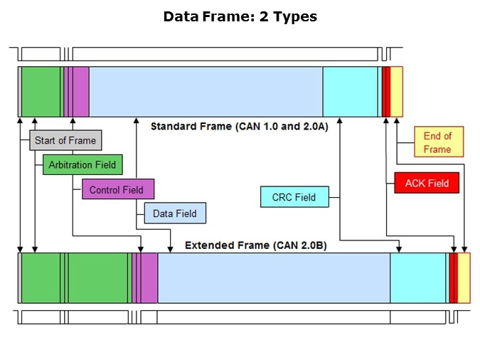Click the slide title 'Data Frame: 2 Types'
point(240,16)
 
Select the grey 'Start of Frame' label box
point(65,140)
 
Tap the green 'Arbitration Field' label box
point(82,165)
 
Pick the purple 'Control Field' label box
point(117,190)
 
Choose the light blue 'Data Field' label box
point(175,213)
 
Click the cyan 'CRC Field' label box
point(294,197)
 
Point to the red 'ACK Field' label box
point(427,183)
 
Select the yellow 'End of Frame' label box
point(438,142)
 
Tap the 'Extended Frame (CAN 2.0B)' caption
point(256,245)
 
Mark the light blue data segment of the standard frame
point(206,91)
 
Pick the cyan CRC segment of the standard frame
point(350,91)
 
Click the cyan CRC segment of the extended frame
point(419,277)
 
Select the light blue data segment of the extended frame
point(274,277)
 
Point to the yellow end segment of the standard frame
point(397,91)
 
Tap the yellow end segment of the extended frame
point(464,277)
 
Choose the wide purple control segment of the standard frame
point(81,91)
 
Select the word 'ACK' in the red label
point(416,183)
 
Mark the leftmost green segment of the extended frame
point(41,277)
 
